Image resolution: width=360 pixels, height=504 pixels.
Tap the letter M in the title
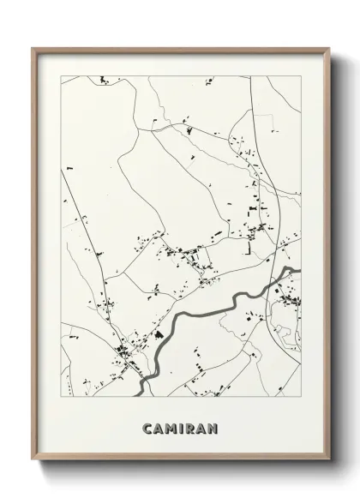point(167,426)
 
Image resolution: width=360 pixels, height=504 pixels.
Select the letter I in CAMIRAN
point(179,426)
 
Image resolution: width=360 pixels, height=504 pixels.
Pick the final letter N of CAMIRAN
point(213,426)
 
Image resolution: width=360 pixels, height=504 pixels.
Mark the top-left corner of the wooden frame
point(33,48)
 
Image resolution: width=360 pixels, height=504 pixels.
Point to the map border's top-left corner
point(60,76)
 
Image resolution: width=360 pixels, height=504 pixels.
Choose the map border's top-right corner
point(301,76)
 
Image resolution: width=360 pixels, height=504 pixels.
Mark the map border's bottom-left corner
point(60,396)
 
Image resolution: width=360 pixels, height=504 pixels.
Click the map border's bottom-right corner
point(301,396)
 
